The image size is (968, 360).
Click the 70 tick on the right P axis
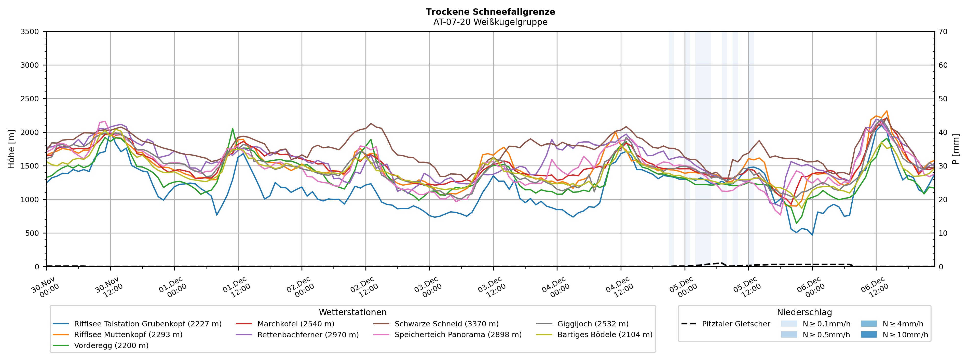click(x=943, y=32)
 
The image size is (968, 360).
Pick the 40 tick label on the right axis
click(x=943, y=132)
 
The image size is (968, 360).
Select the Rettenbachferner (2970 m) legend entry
click(x=308, y=335)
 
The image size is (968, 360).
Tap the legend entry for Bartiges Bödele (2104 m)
click(x=605, y=335)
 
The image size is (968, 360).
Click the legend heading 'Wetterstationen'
click(x=352, y=312)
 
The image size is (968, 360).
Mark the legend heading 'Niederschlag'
click(x=804, y=312)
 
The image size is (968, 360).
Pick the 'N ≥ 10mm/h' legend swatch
click(x=869, y=335)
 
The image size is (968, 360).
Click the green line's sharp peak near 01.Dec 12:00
click(x=233, y=129)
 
